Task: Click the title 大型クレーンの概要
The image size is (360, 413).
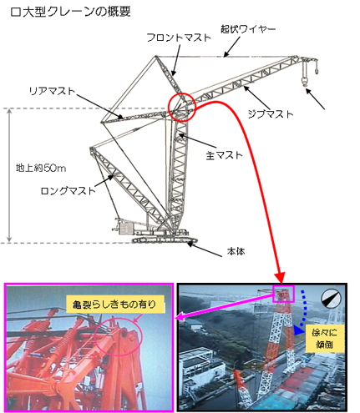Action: (x=75, y=13)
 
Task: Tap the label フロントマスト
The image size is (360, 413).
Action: (x=179, y=38)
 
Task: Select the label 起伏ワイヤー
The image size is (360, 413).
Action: (x=248, y=29)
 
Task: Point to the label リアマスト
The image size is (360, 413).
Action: (x=53, y=91)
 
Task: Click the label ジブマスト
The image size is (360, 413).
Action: (x=271, y=114)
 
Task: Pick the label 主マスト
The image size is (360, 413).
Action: (x=225, y=155)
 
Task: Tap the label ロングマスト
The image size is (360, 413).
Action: (x=68, y=191)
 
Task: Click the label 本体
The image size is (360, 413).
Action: (x=236, y=251)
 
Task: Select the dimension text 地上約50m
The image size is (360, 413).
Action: (x=41, y=168)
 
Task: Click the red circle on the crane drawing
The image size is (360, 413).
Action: (x=169, y=107)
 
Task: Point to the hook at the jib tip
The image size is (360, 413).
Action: (x=305, y=81)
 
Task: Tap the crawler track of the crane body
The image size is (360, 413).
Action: (x=165, y=240)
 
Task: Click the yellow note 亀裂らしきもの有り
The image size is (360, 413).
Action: (x=115, y=305)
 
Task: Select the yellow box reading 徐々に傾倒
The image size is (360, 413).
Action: (x=324, y=339)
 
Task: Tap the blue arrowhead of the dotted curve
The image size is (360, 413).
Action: (x=297, y=330)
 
